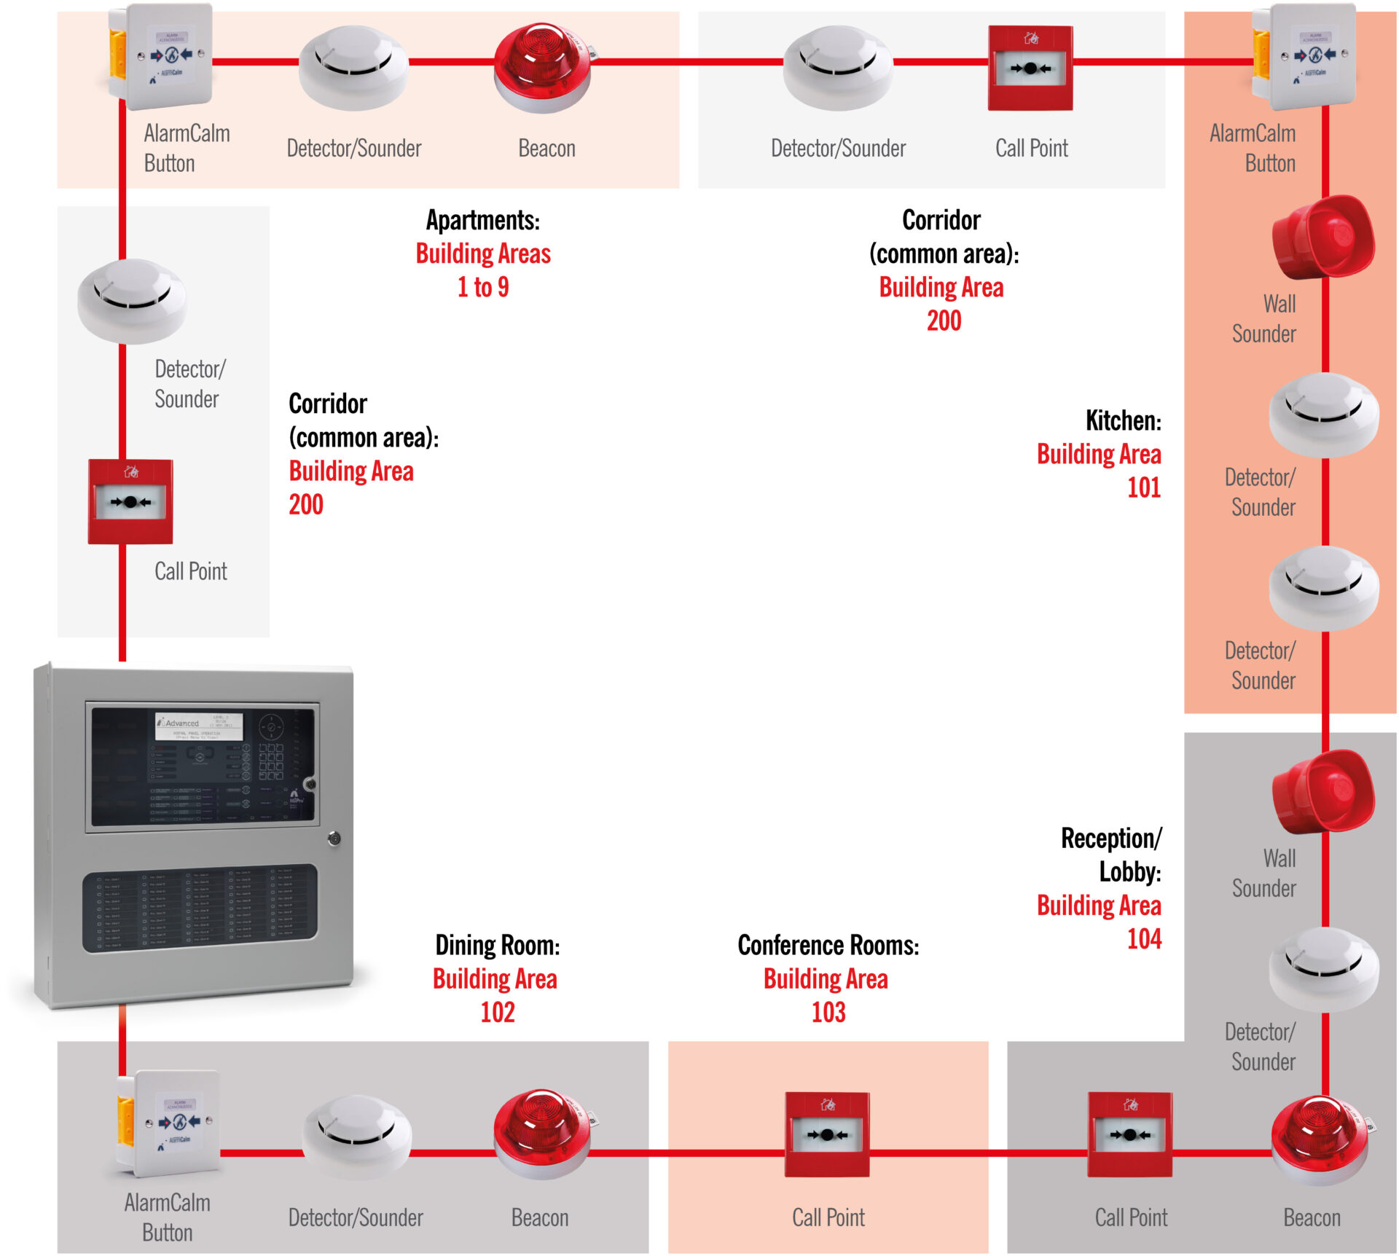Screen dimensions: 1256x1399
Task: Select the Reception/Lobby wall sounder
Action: click(1322, 792)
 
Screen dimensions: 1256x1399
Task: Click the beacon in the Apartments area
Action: click(541, 67)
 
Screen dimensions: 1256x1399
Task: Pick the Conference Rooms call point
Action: click(827, 1134)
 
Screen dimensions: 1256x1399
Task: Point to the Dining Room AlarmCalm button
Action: click(169, 1122)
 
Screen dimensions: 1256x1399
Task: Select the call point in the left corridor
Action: click(130, 501)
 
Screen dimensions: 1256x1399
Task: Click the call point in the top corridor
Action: click(1030, 68)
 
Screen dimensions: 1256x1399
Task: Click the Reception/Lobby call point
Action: click(1130, 1134)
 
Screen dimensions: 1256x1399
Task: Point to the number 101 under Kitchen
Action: click(1143, 487)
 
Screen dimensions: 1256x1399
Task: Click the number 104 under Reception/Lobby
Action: click(1144, 938)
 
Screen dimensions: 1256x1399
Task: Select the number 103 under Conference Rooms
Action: click(828, 1012)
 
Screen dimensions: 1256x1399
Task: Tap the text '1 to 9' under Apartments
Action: click(483, 287)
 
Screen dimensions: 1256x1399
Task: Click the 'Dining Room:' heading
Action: click(498, 945)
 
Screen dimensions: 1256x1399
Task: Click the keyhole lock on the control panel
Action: click(334, 839)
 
